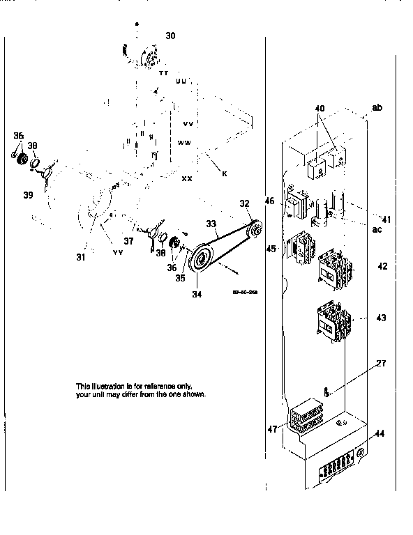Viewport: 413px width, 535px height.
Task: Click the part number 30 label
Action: tap(171, 34)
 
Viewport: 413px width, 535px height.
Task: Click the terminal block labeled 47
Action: tap(305, 419)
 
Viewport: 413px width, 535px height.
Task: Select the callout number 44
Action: tap(380, 434)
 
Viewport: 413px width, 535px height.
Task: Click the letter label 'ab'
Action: tap(377, 107)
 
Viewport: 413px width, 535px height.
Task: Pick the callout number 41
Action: tap(386, 219)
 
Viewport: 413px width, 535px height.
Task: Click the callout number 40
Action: tap(320, 109)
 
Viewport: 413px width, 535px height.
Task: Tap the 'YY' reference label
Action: tap(119, 252)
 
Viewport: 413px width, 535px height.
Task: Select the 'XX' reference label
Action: tap(187, 179)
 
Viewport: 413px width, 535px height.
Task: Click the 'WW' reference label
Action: tap(184, 142)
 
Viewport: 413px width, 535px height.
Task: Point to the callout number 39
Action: tap(27, 195)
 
